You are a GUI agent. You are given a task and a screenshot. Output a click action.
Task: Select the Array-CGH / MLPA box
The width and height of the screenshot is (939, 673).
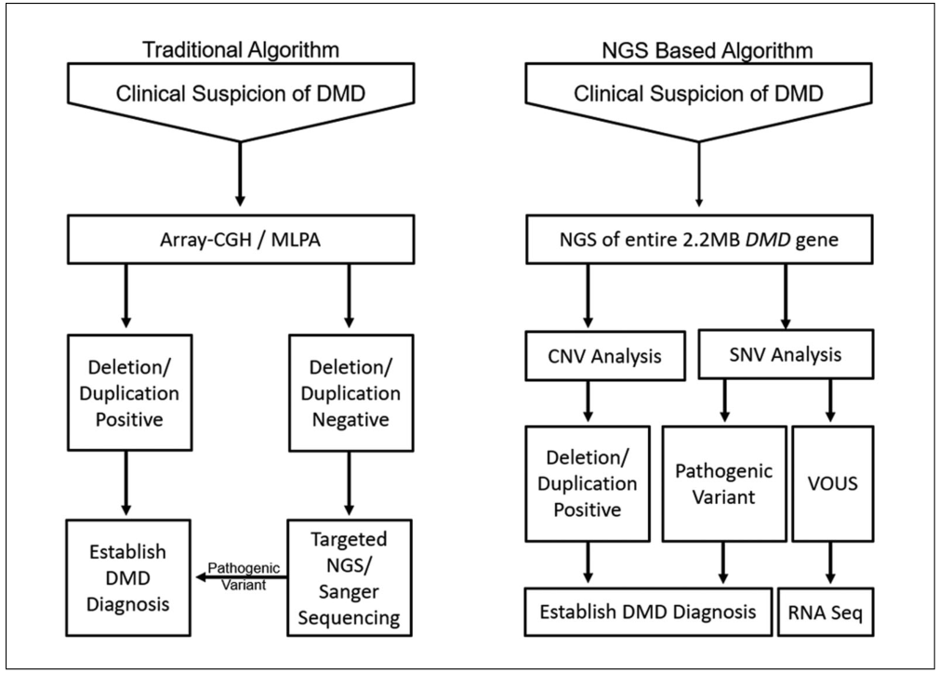tap(239, 244)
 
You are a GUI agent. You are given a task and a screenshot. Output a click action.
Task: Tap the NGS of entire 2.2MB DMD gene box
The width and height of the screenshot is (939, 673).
tap(697, 244)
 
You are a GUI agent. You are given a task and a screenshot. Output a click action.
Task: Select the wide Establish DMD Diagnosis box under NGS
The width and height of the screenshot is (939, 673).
tap(649, 613)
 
